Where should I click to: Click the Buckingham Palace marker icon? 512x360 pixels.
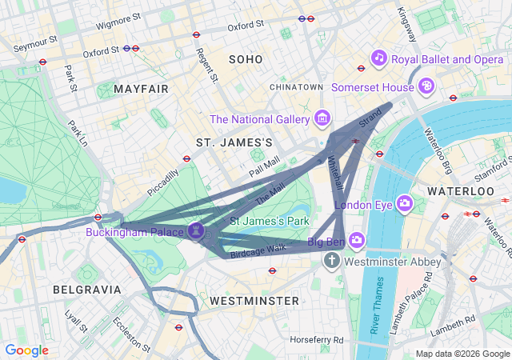(x=197, y=232)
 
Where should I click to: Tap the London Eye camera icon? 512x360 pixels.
(x=404, y=204)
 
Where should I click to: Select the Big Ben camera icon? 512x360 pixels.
(x=356, y=240)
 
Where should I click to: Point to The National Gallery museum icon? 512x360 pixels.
(x=322, y=119)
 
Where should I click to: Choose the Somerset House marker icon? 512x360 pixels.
(x=428, y=85)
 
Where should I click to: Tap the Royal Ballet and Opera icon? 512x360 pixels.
(x=378, y=58)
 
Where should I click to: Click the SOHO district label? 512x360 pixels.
(x=245, y=59)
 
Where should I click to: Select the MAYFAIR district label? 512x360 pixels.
(x=142, y=88)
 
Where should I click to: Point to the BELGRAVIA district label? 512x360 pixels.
(x=86, y=289)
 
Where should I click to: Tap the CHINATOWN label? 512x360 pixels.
(x=296, y=86)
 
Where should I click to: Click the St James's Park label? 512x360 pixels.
(x=269, y=220)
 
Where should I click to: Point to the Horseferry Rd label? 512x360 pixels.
(x=317, y=340)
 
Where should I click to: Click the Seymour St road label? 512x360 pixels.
(x=36, y=40)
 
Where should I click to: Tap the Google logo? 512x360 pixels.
(x=27, y=350)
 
